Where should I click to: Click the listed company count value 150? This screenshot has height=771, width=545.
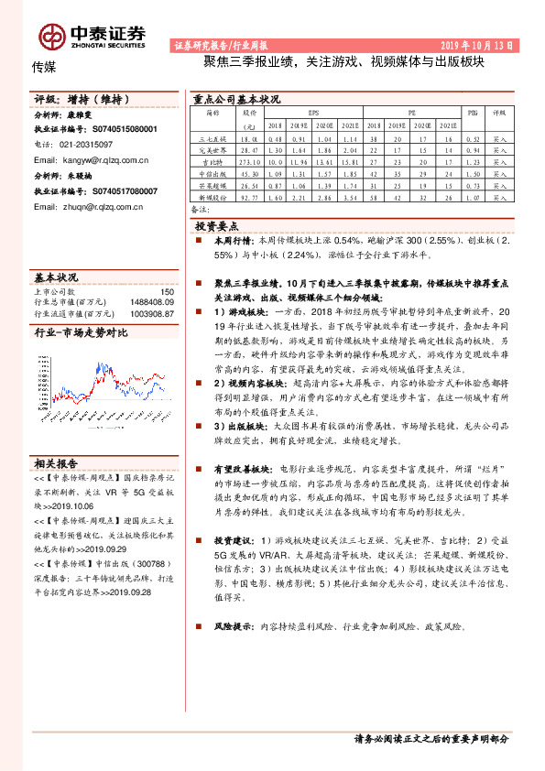point(166,292)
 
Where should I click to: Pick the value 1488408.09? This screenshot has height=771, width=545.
point(152,301)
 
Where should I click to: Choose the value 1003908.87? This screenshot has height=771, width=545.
point(152,312)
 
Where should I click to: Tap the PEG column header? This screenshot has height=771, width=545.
point(474,113)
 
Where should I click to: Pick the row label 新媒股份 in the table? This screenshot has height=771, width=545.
point(212,196)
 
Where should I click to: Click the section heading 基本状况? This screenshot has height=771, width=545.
point(56,276)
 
